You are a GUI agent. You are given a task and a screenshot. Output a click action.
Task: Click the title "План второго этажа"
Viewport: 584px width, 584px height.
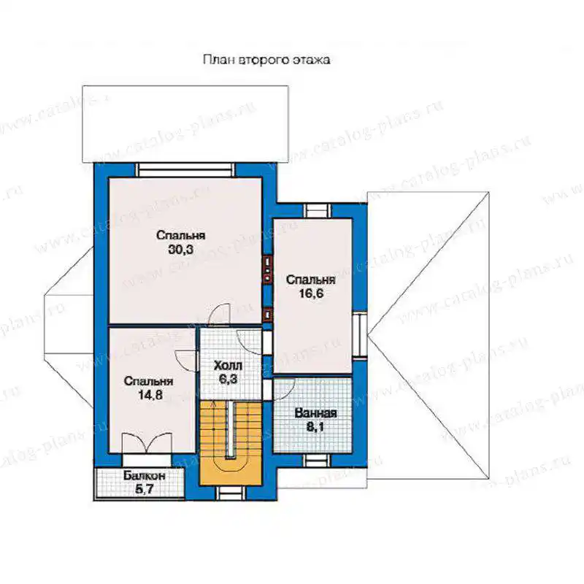[266, 60]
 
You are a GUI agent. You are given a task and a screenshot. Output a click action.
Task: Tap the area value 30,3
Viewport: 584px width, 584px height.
[180, 249]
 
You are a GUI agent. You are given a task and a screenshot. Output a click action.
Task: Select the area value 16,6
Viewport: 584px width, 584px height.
[311, 293]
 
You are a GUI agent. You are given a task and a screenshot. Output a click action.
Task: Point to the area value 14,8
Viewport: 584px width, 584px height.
[150, 395]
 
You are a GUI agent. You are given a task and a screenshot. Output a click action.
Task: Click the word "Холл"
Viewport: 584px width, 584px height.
[228, 366]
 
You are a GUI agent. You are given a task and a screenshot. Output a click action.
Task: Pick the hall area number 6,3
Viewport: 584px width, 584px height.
[228, 379]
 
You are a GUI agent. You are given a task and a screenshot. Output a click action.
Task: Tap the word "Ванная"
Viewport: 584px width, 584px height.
[315, 413]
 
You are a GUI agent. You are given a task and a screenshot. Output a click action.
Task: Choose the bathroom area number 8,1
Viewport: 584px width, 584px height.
[315, 427]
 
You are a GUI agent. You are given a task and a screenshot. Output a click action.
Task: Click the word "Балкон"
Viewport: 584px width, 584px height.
[145, 476]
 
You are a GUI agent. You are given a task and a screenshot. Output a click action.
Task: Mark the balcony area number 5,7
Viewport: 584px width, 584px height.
[144, 489]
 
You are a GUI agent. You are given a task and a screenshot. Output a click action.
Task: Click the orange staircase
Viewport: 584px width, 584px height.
[231, 443]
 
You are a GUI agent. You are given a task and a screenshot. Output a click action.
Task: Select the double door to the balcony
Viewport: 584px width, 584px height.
[147, 443]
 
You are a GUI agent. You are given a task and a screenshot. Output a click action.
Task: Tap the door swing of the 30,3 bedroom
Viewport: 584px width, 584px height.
[219, 314]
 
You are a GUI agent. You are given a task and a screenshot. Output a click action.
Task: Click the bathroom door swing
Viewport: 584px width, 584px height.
[284, 389]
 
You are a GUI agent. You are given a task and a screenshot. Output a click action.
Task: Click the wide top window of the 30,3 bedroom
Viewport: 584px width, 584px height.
[185, 170]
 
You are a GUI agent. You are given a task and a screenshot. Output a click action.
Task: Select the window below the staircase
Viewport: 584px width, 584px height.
[226, 493]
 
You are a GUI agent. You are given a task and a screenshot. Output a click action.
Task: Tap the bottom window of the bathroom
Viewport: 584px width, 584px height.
[316, 461]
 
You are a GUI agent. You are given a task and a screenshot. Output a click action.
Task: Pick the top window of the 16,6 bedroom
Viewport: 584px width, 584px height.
[318, 211]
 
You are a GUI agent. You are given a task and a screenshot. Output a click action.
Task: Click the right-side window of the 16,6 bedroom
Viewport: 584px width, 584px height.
[360, 335]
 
